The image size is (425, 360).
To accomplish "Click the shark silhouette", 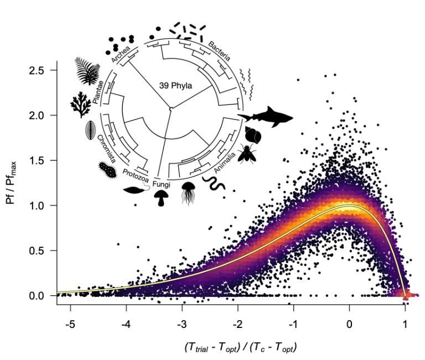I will click(266, 116).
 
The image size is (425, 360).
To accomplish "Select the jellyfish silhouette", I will click(188, 194).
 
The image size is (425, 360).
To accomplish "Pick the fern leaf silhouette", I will click(87, 71).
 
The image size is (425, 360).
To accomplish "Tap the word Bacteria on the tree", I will click(219, 50).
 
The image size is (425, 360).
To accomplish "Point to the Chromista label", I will click(106, 147).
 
